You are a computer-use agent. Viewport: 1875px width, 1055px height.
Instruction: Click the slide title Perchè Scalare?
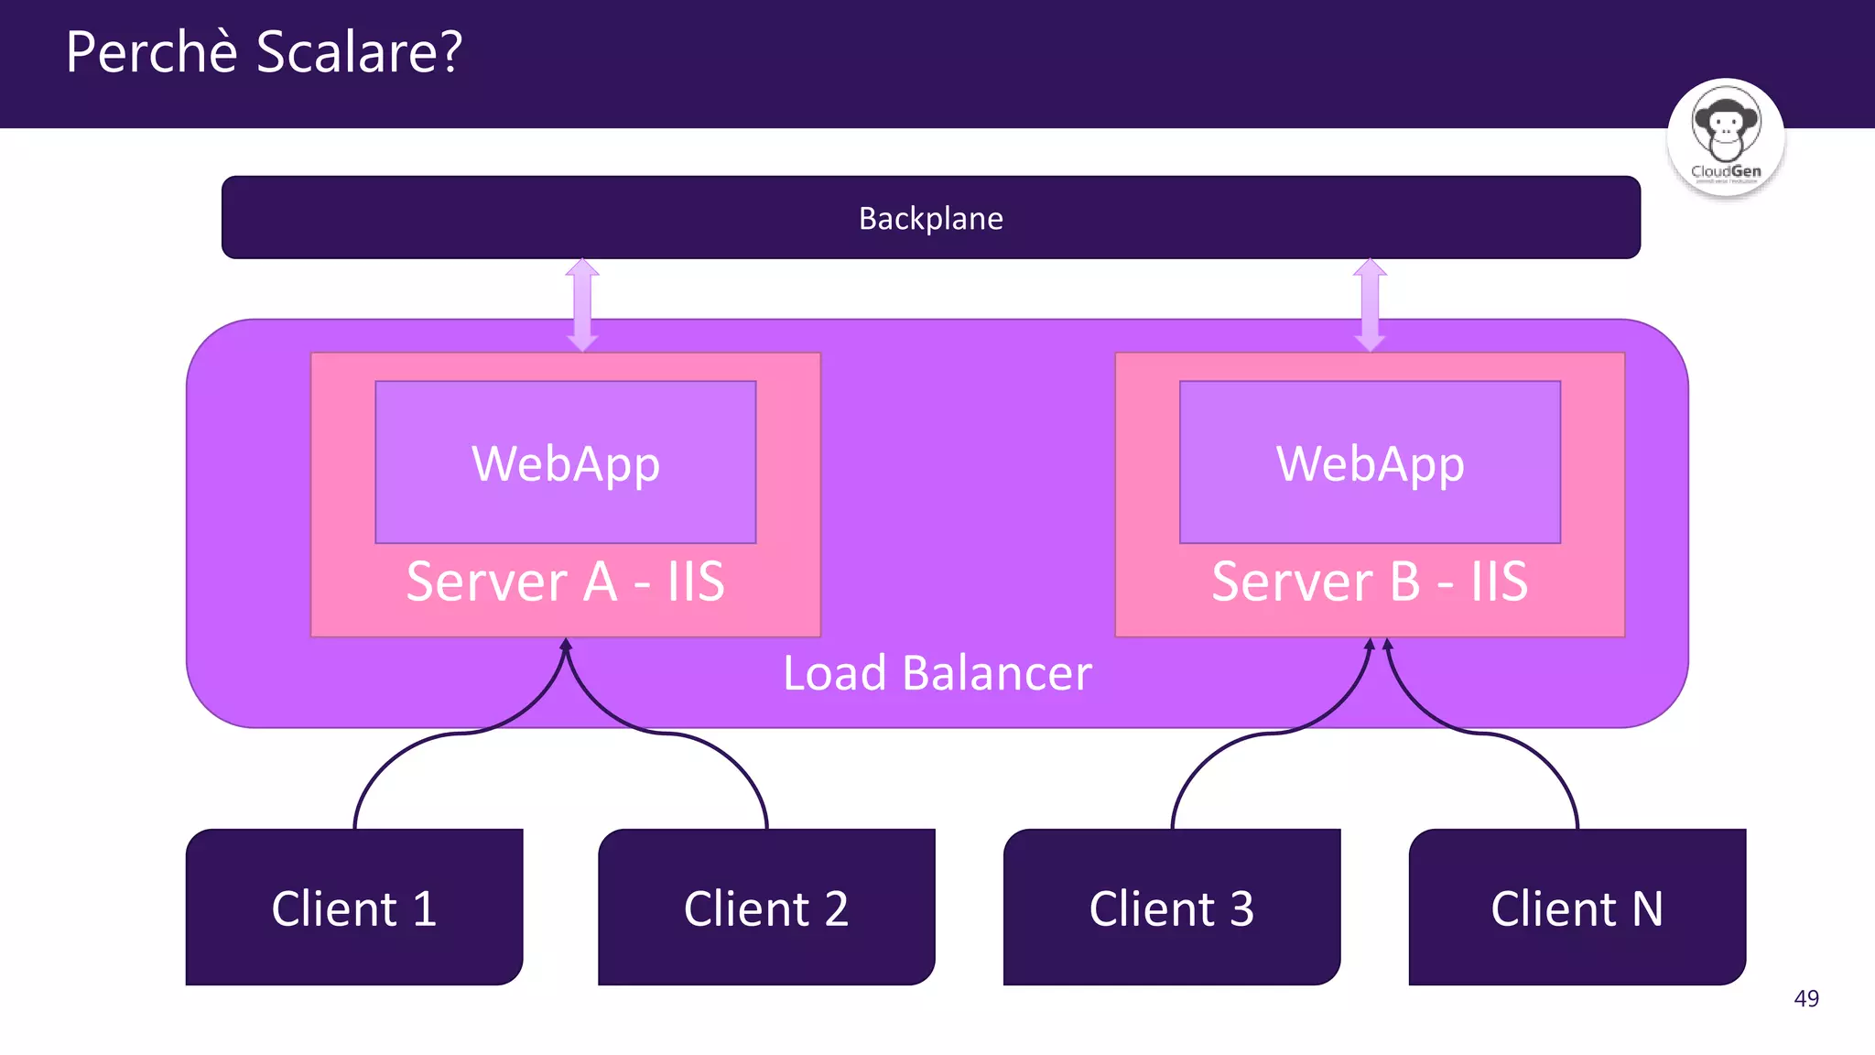(264, 52)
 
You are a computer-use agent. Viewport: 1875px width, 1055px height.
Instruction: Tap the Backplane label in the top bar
(930, 219)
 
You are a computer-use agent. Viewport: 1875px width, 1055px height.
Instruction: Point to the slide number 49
(1805, 998)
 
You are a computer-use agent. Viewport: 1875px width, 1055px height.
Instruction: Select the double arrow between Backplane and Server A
(582, 305)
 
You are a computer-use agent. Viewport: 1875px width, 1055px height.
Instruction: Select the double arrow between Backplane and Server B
(1370, 305)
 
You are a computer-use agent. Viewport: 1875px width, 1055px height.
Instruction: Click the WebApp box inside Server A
(566, 462)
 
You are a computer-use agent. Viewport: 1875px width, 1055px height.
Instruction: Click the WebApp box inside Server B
(1370, 462)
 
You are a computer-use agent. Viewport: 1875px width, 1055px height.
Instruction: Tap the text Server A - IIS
(566, 582)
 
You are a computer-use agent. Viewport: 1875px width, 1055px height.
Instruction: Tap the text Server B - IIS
(1370, 582)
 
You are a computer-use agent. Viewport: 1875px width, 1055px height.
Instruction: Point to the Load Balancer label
(937, 673)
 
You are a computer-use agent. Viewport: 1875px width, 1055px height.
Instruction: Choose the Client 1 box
(354, 908)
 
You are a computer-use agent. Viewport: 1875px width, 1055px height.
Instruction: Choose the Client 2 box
(766, 908)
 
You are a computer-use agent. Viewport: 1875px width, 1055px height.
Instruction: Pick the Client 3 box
(1171, 908)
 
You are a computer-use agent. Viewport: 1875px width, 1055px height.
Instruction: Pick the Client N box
(1577, 908)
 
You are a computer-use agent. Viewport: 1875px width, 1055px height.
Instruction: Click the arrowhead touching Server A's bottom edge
(566, 645)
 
